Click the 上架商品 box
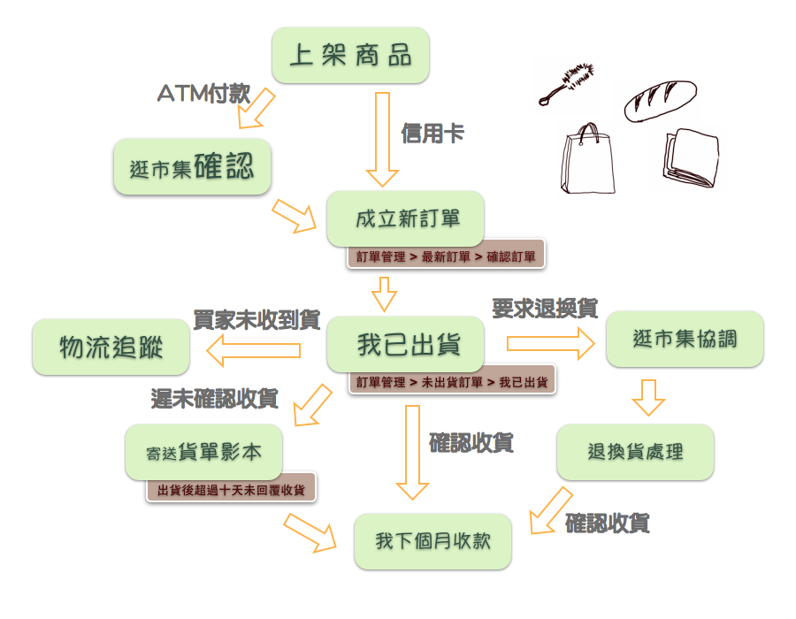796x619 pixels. pyautogui.click(x=350, y=55)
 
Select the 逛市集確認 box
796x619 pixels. pyautogui.click(x=191, y=166)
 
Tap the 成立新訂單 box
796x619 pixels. pyautogui.click(x=406, y=218)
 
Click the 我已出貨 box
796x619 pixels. pyautogui.click(x=406, y=345)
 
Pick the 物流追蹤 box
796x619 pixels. pyautogui.click(x=111, y=347)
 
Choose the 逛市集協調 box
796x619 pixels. pyautogui.click(x=685, y=339)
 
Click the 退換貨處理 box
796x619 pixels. pyautogui.click(x=635, y=452)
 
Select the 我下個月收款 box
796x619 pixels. pyautogui.click(x=432, y=541)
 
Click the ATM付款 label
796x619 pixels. pyautogui.click(x=203, y=93)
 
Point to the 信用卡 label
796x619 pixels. pyautogui.click(x=432, y=134)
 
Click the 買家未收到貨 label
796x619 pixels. pyautogui.click(x=256, y=320)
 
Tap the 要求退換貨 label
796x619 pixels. pyautogui.click(x=545, y=309)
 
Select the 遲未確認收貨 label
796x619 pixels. pyautogui.click(x=215, y=399)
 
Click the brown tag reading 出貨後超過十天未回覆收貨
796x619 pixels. pyautogui.click(x=231, y=489)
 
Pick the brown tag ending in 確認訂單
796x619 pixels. pyautogui.click(x=446, y=256)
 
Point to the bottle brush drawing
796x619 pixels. pyautogui.click(x=568, y=82)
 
